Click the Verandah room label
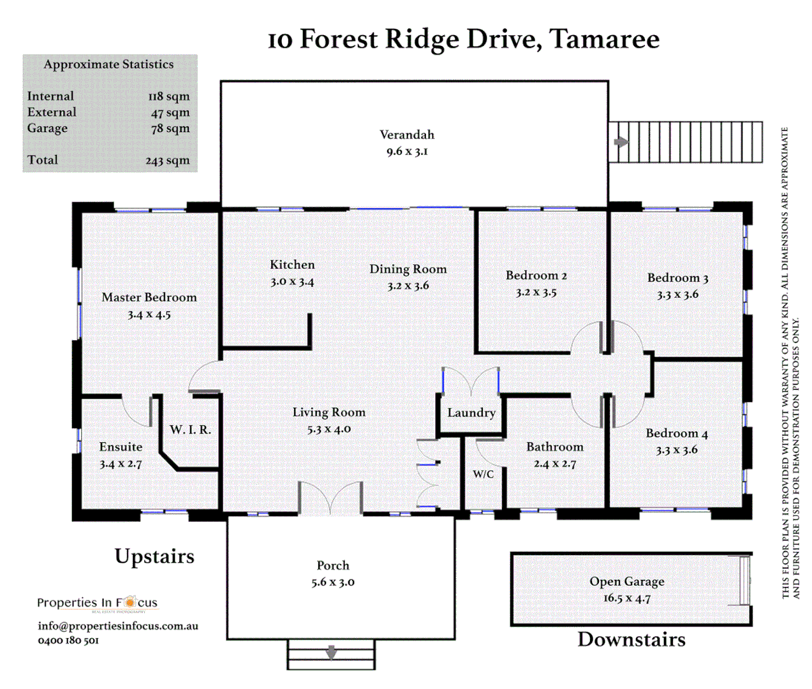407,135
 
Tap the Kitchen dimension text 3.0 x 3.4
292,281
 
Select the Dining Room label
408,269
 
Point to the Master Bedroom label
149,297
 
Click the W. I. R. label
190,430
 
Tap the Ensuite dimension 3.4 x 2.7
121,464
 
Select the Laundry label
471,413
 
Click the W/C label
483,474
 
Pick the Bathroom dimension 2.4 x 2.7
555,464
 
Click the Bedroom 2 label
536,276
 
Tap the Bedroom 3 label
677,278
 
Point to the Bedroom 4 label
677,434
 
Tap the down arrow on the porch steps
331,653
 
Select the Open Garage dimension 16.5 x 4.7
626,598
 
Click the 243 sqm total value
168,161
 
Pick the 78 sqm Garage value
170,128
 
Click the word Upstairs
154,556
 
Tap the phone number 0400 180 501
68,641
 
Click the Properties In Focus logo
97,603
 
